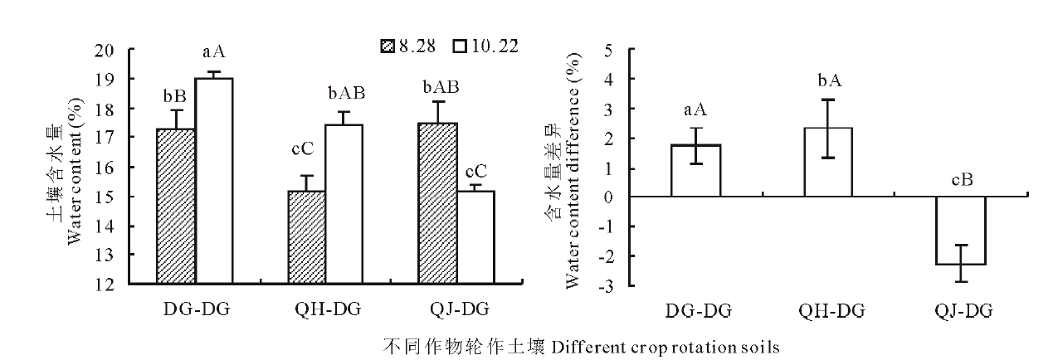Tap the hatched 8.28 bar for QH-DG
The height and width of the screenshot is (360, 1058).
[x=305, y=237]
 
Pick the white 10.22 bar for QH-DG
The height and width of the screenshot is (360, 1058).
[x=344, y=204]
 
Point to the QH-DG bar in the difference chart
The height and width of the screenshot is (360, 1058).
[x=829, y=162]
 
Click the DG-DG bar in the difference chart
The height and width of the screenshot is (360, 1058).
[x=696, y=171]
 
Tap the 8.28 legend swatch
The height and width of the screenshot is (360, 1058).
[x=385, y=46]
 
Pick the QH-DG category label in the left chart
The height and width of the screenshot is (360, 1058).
[x=328, y=311]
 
